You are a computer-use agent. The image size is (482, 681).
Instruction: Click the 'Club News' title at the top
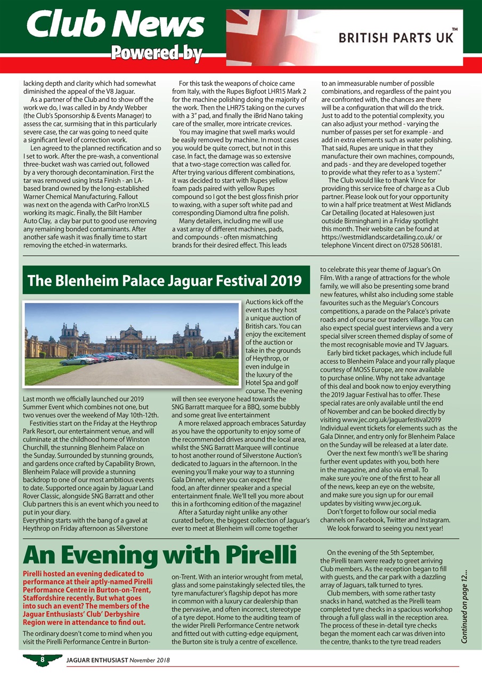(116, 24)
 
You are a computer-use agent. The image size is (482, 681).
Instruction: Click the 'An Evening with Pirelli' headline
(159, 557)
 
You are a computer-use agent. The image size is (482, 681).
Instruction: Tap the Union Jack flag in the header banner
(266, 32)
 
